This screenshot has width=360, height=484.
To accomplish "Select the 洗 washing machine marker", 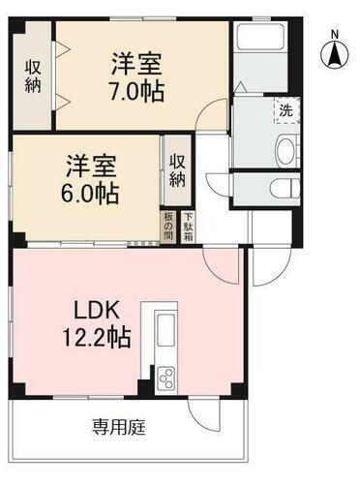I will point(285,109).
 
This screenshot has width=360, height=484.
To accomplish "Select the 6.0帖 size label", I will point(94,193).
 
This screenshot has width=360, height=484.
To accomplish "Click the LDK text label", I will point(97,313).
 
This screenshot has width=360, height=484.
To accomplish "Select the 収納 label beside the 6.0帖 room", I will point(178,171).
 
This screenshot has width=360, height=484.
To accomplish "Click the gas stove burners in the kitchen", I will point(162,376).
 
